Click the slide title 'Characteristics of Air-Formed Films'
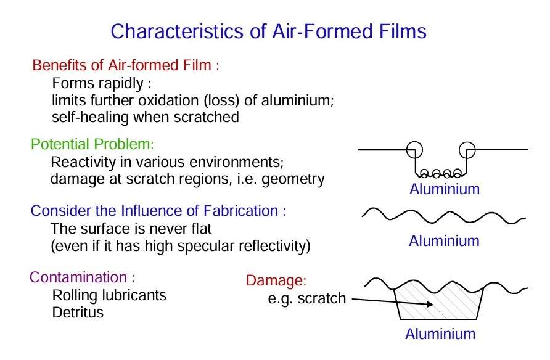[268, 31]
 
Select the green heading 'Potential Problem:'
[92, 144]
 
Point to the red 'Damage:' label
[276, 280]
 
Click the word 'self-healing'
[90, 117]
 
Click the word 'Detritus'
[78, 313]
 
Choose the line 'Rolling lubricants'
[109, 295]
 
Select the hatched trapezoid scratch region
[438, 301]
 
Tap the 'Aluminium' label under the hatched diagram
[440, 333]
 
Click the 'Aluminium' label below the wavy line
[444, 241]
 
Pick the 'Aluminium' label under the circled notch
[445, 189]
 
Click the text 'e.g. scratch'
[307, 298]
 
